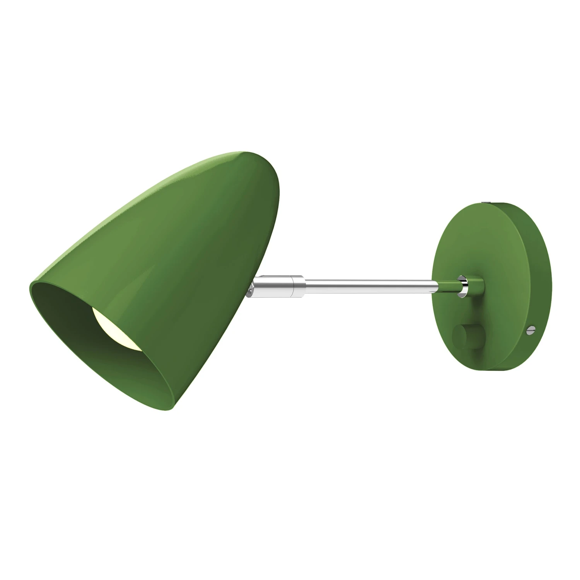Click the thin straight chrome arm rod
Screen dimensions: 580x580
(367, 283)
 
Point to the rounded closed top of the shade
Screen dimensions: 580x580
(267, 162)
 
